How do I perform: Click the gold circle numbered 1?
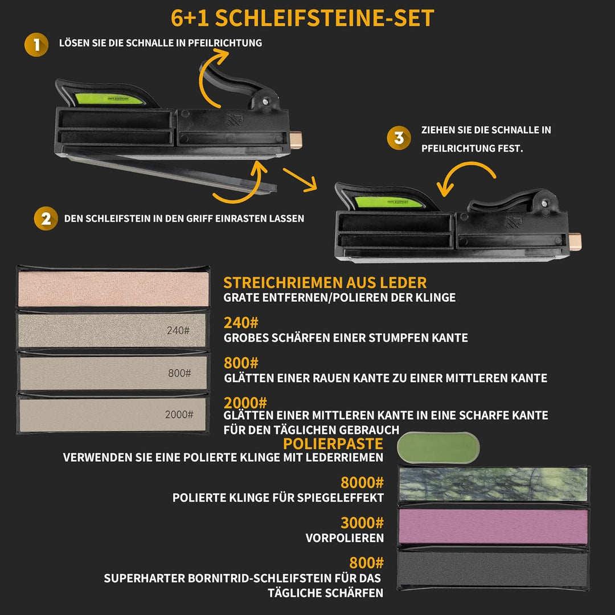(36, 45)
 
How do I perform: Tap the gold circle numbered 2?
(46, 219)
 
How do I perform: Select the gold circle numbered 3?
(399, 138)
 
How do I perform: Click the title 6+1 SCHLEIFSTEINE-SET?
(302, 18)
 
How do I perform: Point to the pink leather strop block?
(113, 289)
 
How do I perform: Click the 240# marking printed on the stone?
(178, 331)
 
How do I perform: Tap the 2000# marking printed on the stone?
(179, 415)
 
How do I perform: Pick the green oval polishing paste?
(438, 448)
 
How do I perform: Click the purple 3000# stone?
(493, 526)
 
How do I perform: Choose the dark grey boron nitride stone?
(493, 569)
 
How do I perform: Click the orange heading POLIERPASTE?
(333, 444)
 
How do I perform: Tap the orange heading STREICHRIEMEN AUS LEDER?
(325, 283)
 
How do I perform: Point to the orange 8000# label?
(362, 482)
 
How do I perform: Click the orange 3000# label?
(362, 523)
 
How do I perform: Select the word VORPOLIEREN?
(345, 538)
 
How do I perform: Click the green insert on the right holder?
(389, 202)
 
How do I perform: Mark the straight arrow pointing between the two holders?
(300, 179)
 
